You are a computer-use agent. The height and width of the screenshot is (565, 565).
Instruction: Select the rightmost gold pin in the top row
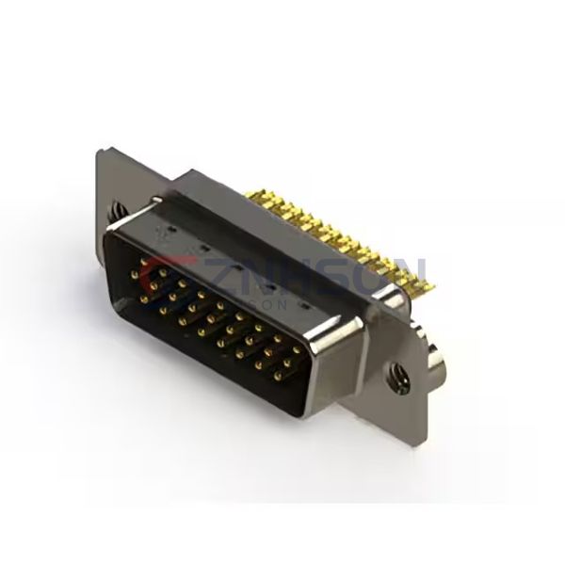coord(298,349)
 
